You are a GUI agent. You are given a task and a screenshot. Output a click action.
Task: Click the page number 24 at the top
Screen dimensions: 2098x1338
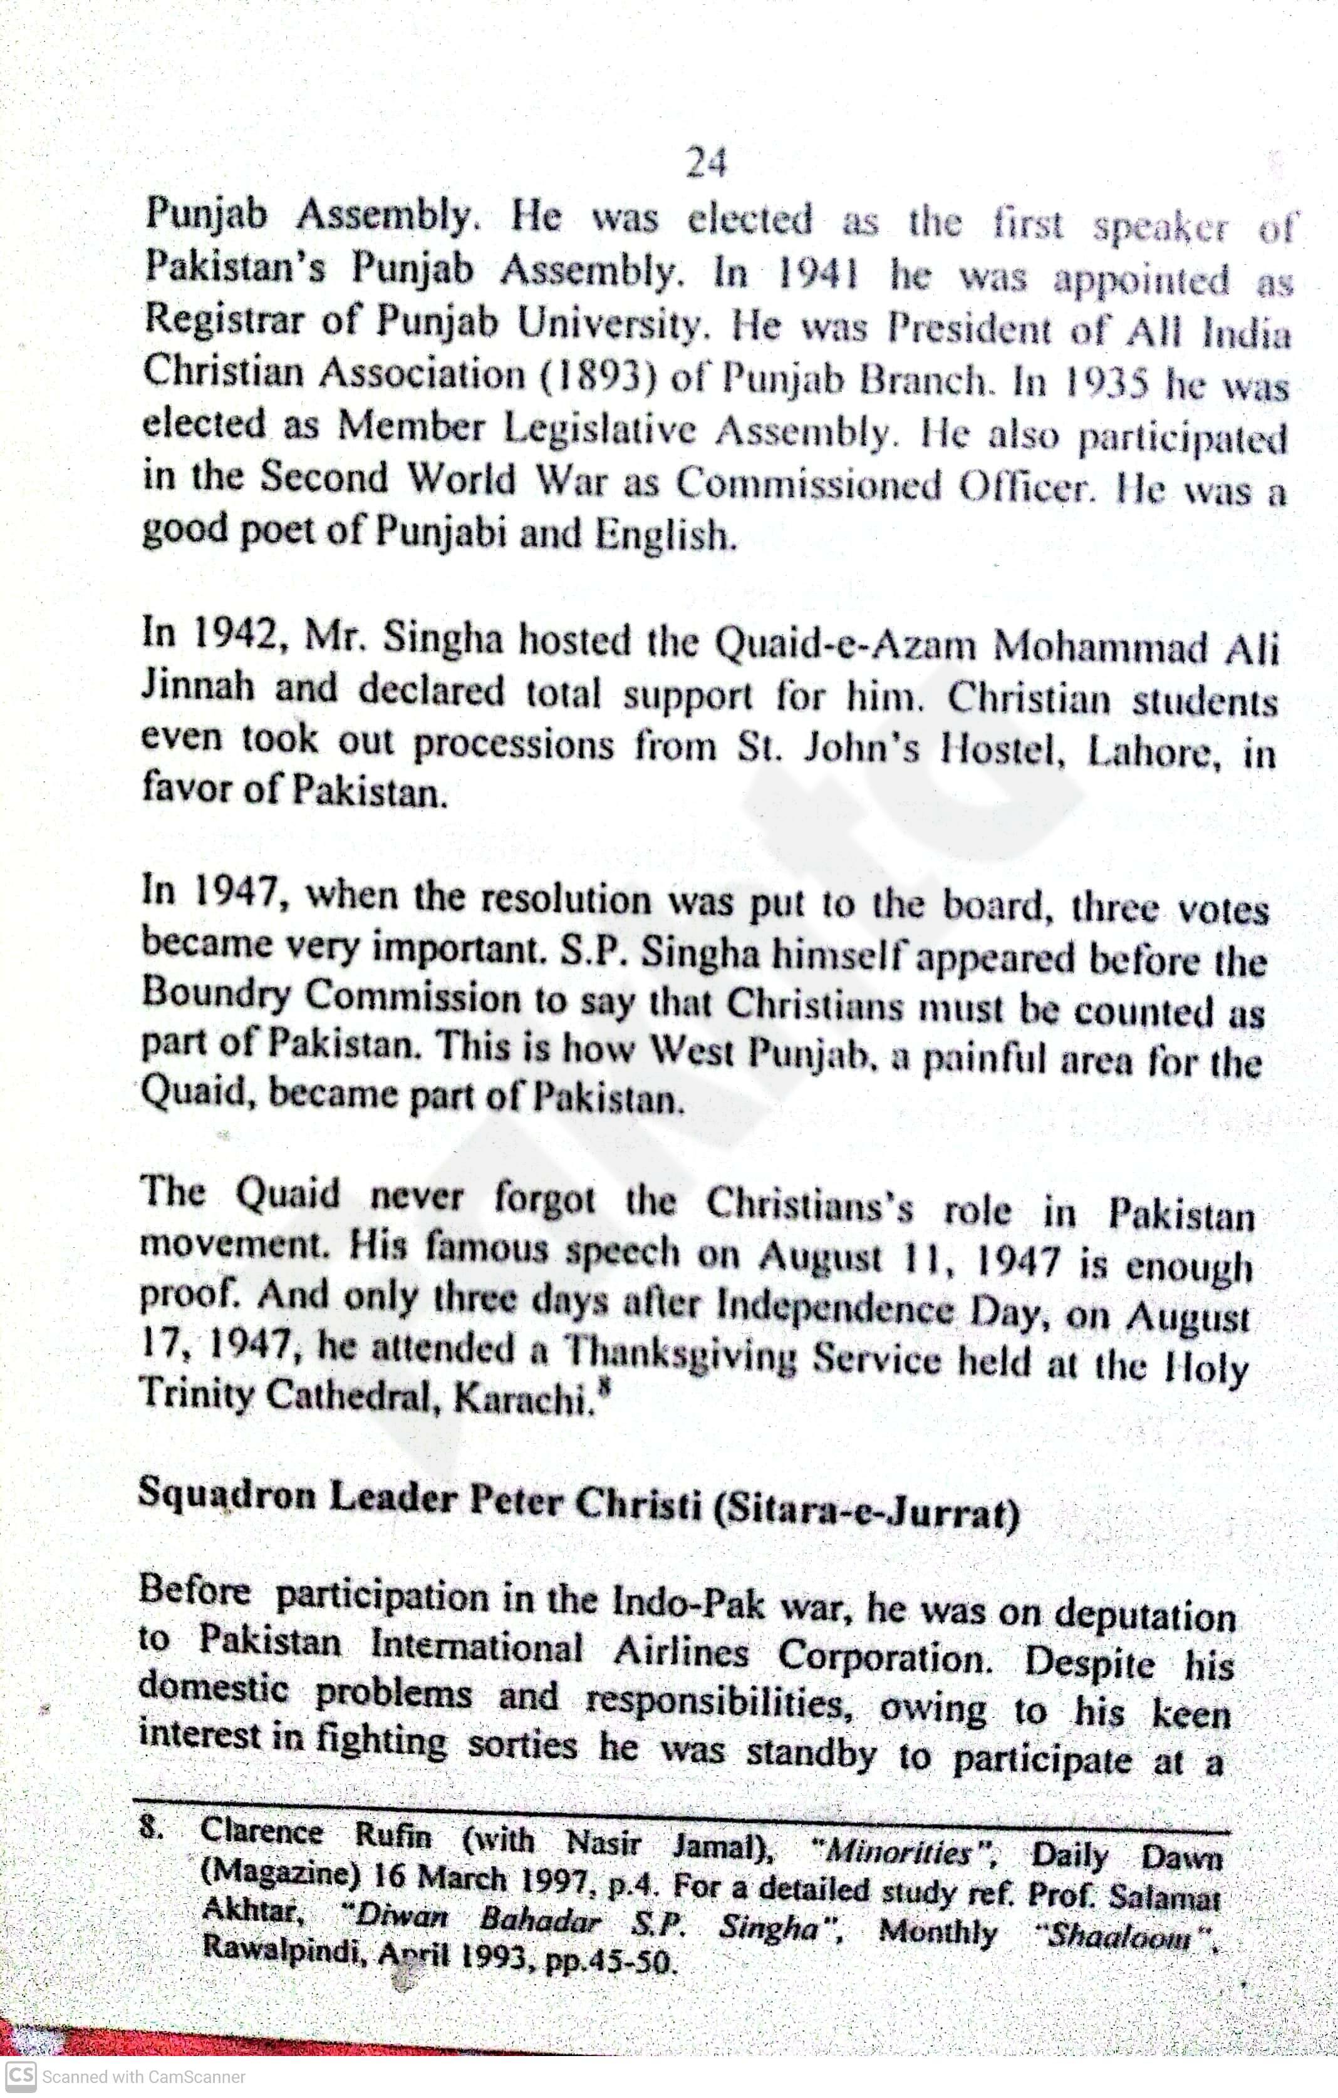tap(706, 163)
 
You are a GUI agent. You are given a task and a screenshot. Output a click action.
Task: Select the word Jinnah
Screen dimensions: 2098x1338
tap(197, 688)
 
